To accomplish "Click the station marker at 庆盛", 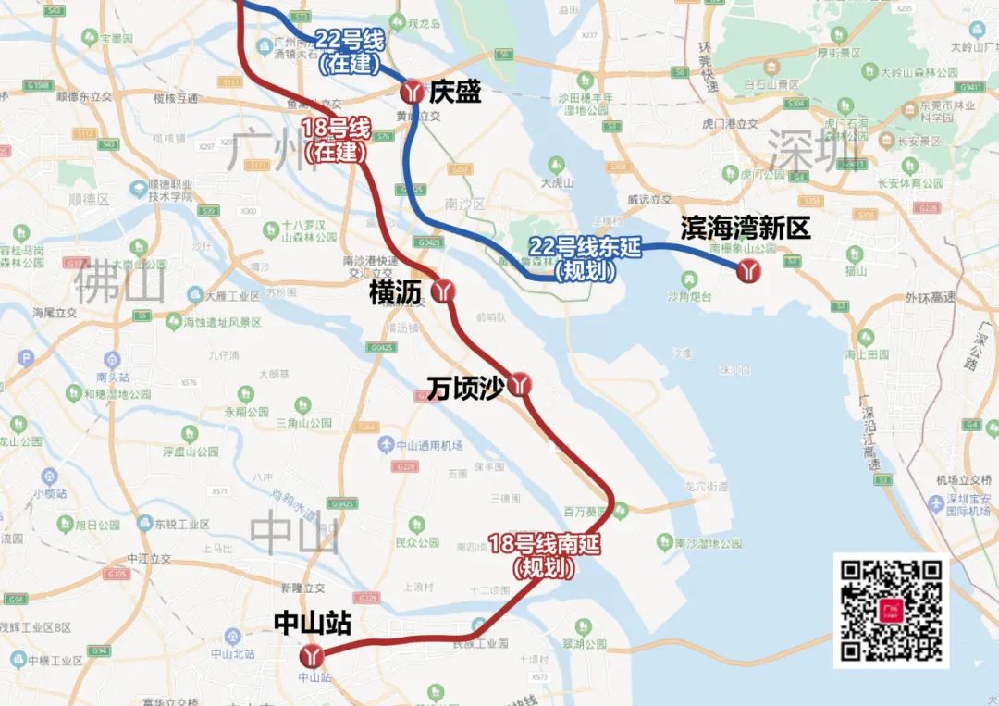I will point(413,92).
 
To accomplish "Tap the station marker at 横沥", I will point(445,291).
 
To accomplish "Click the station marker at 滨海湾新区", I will point(748,270).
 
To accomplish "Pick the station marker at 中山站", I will point(313,656).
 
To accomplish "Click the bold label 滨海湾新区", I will point(745,229).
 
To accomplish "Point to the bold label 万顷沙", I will point(464,389).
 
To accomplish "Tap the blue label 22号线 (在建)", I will point(350,52).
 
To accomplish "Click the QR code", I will point(891,611).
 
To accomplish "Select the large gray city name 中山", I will point(295,534).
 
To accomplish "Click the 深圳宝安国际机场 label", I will point(962,503).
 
